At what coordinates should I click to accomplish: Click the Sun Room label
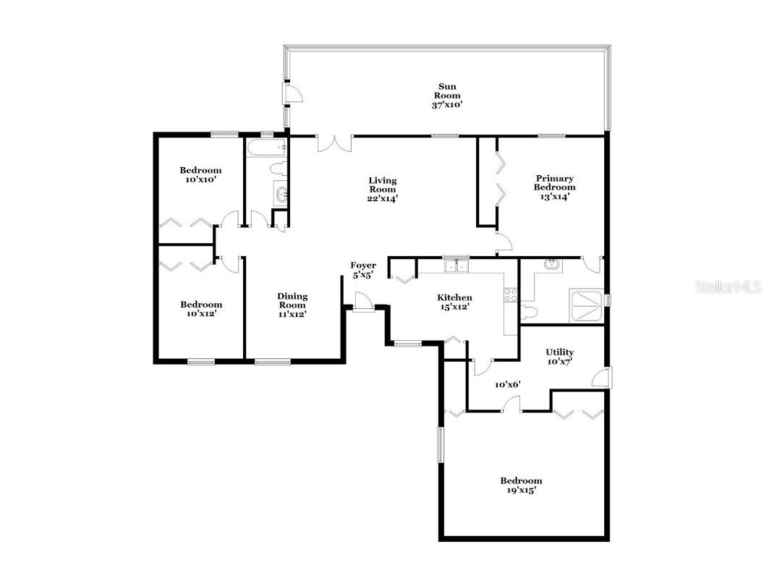pyautogui.click(x=446, y=95)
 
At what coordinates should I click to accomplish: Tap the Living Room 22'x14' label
pyautogui.click(x=382, y=189)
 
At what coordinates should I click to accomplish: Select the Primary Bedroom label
pyautogui.click(x=555, y=187)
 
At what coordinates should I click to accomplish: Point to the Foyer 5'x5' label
pyautogui.click(x=363, y=270)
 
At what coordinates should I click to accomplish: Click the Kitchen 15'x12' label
pyautogui.click(x=454, y=302)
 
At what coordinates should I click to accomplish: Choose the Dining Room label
pyautogui.click(x=292, y=305)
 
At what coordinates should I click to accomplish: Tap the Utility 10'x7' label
pyautogui.click(x=559, y=357)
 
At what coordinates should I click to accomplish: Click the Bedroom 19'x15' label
pyautogui.click(x=521, y=485)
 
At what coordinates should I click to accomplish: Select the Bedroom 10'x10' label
pyautogui.click(x=200, y=174)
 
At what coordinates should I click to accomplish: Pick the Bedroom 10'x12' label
pyautogui.click(x=200, y=309)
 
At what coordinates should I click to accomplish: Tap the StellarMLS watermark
pyautogui.click(x=728, y=287)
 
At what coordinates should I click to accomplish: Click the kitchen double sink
pyautogui.click(x=456, y=266)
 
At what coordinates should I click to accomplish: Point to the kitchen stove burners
pyautogui.click(x=510, y=294)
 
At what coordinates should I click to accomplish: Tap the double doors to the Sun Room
pyautogui.click(x=334, y=143)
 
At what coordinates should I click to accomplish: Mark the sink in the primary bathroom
pyautogui.click(x=552, y=264)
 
